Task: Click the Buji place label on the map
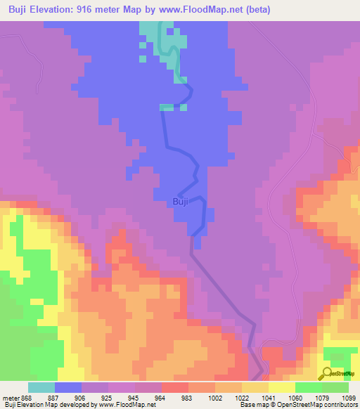pos(180,202)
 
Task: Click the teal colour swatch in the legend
pos(41,387)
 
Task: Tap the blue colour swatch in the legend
pos(68,387)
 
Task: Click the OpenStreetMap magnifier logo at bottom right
pos(326,374)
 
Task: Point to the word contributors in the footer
pos(337,405)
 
